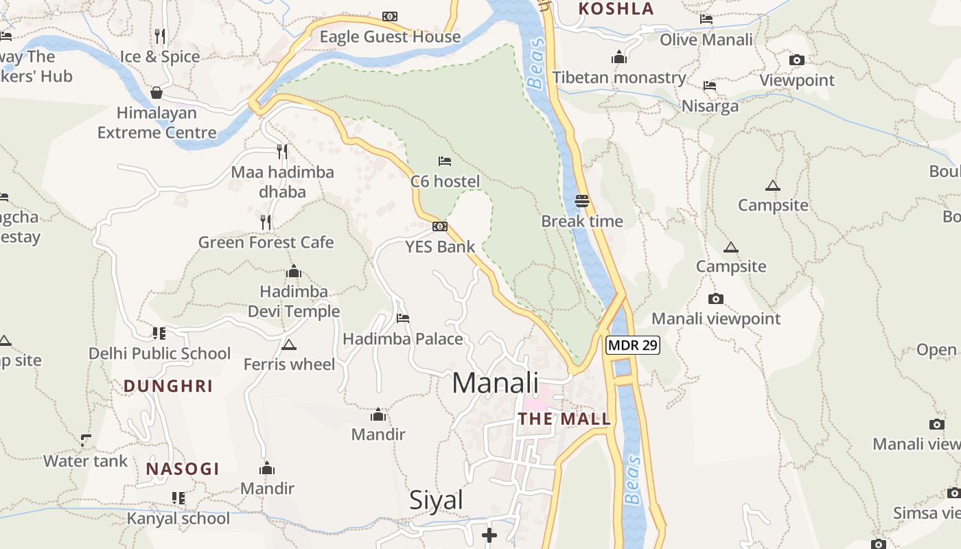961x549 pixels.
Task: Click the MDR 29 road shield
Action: pyautogui.click(x=632, y=345)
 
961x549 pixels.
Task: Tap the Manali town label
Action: pyautogui.click(x=495, y=382)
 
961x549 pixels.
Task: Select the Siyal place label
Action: pyautogui.click(x=436, y=500)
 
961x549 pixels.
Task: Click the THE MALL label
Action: pyautogui.click(x=564, y=419)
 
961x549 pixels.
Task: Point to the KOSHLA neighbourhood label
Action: pyautogui.click(x=616, y=9)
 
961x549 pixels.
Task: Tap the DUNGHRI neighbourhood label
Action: pyautogui.click(x=168, y=386)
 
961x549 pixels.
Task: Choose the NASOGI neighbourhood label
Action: pyautogui.click(x=183, y=469)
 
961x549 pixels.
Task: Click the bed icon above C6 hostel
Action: pyautogui.click(x=445, y=161)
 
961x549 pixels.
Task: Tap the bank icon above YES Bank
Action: pyautogui.click(x=440, y=226)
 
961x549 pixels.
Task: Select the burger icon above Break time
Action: pyautogui.click(x=582, y=200)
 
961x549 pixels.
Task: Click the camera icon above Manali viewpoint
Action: pyautogui.click(x=715, y=299)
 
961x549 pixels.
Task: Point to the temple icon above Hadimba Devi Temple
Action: pyautogui.click(x=294, y=271)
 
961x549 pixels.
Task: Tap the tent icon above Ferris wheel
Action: pyautogui.click(x=289, y=344)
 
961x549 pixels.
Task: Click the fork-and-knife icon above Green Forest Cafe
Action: pyautogui.click(x=266, y=222)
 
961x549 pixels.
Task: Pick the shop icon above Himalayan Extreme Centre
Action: pyautogui.click(x=157, y=92)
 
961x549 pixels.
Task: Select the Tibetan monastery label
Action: pyautogui.click(x=619, y=78)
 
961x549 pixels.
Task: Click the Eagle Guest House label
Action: pyautogui.click(x=390, y=37)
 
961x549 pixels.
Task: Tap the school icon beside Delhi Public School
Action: pyautogui.click(x=159, y=334)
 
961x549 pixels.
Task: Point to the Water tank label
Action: pyautogui.click(x=85, y=461)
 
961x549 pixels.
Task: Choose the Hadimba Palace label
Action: pyautogui.click(x=403, y=339)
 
